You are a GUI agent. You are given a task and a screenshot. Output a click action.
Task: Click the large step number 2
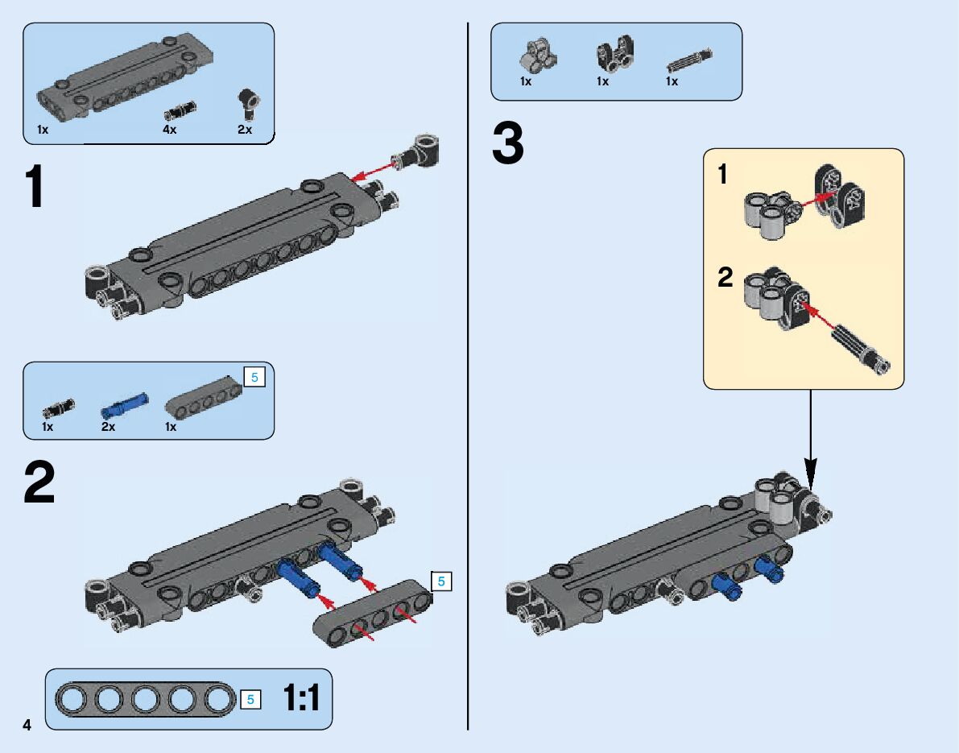[x=39, y=483]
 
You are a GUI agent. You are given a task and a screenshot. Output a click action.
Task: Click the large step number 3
[x=507, y=145]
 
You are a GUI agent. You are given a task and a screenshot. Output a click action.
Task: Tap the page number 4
[x=27, y=725]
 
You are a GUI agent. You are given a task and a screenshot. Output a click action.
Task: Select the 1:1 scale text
[x=301, y=698]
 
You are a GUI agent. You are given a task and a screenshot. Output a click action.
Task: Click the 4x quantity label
[x=169, y=129]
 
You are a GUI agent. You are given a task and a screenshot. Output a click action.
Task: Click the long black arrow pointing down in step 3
[x=811, y=439]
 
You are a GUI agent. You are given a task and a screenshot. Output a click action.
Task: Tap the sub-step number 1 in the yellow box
[x=722, y=174]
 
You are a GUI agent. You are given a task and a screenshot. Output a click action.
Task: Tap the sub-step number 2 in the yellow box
[x=725, y=279]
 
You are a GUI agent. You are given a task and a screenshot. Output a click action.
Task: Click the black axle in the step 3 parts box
[x=689, y=61]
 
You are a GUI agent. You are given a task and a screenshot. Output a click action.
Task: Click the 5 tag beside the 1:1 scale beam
[x=250, y=699]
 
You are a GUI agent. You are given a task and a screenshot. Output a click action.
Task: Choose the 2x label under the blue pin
[x=108, y=427]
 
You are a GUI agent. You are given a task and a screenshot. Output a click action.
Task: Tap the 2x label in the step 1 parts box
[x=244, y=129]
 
